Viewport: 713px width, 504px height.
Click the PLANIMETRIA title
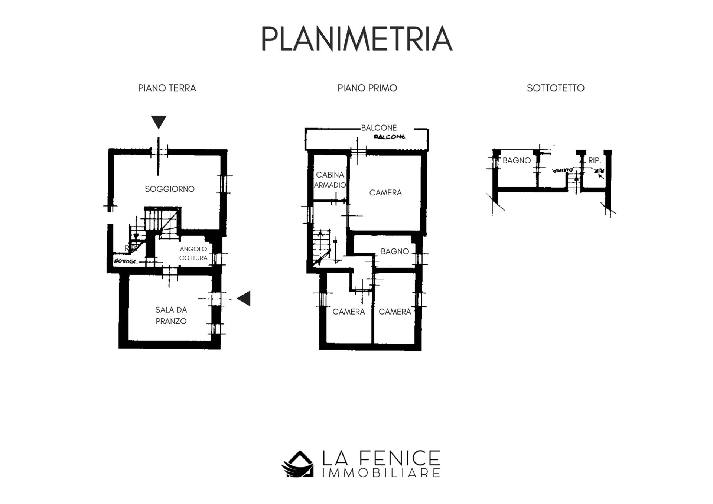click(356, 39)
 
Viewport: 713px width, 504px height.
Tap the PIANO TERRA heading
click(167, 88)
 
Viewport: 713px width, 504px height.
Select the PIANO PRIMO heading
click(367, 88)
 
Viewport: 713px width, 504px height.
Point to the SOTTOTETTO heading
click(555, 88)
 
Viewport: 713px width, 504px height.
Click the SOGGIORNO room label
click(169, 189)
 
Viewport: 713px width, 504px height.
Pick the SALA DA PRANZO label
click(171, 315)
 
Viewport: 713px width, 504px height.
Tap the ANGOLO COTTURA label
click(193, 253)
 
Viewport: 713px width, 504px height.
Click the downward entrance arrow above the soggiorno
click(159, 121)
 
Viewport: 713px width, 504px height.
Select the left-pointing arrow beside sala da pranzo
click(244, 298)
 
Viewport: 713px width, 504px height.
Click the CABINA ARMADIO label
click(330, 179)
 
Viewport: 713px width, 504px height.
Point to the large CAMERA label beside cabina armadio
click(385, 192)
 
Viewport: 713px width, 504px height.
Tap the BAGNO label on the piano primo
click(394, 251)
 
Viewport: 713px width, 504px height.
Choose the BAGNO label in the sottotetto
click(516, 160)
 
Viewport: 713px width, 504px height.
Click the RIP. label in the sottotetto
click(594, 160)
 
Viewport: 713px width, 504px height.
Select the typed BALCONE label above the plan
click(379, 127)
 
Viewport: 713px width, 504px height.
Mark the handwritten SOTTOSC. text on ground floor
click(126, 261)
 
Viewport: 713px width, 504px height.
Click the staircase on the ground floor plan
click(156, 223)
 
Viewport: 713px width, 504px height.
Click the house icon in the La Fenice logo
click(298, 464)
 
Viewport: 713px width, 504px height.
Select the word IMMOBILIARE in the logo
click(381, 473)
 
